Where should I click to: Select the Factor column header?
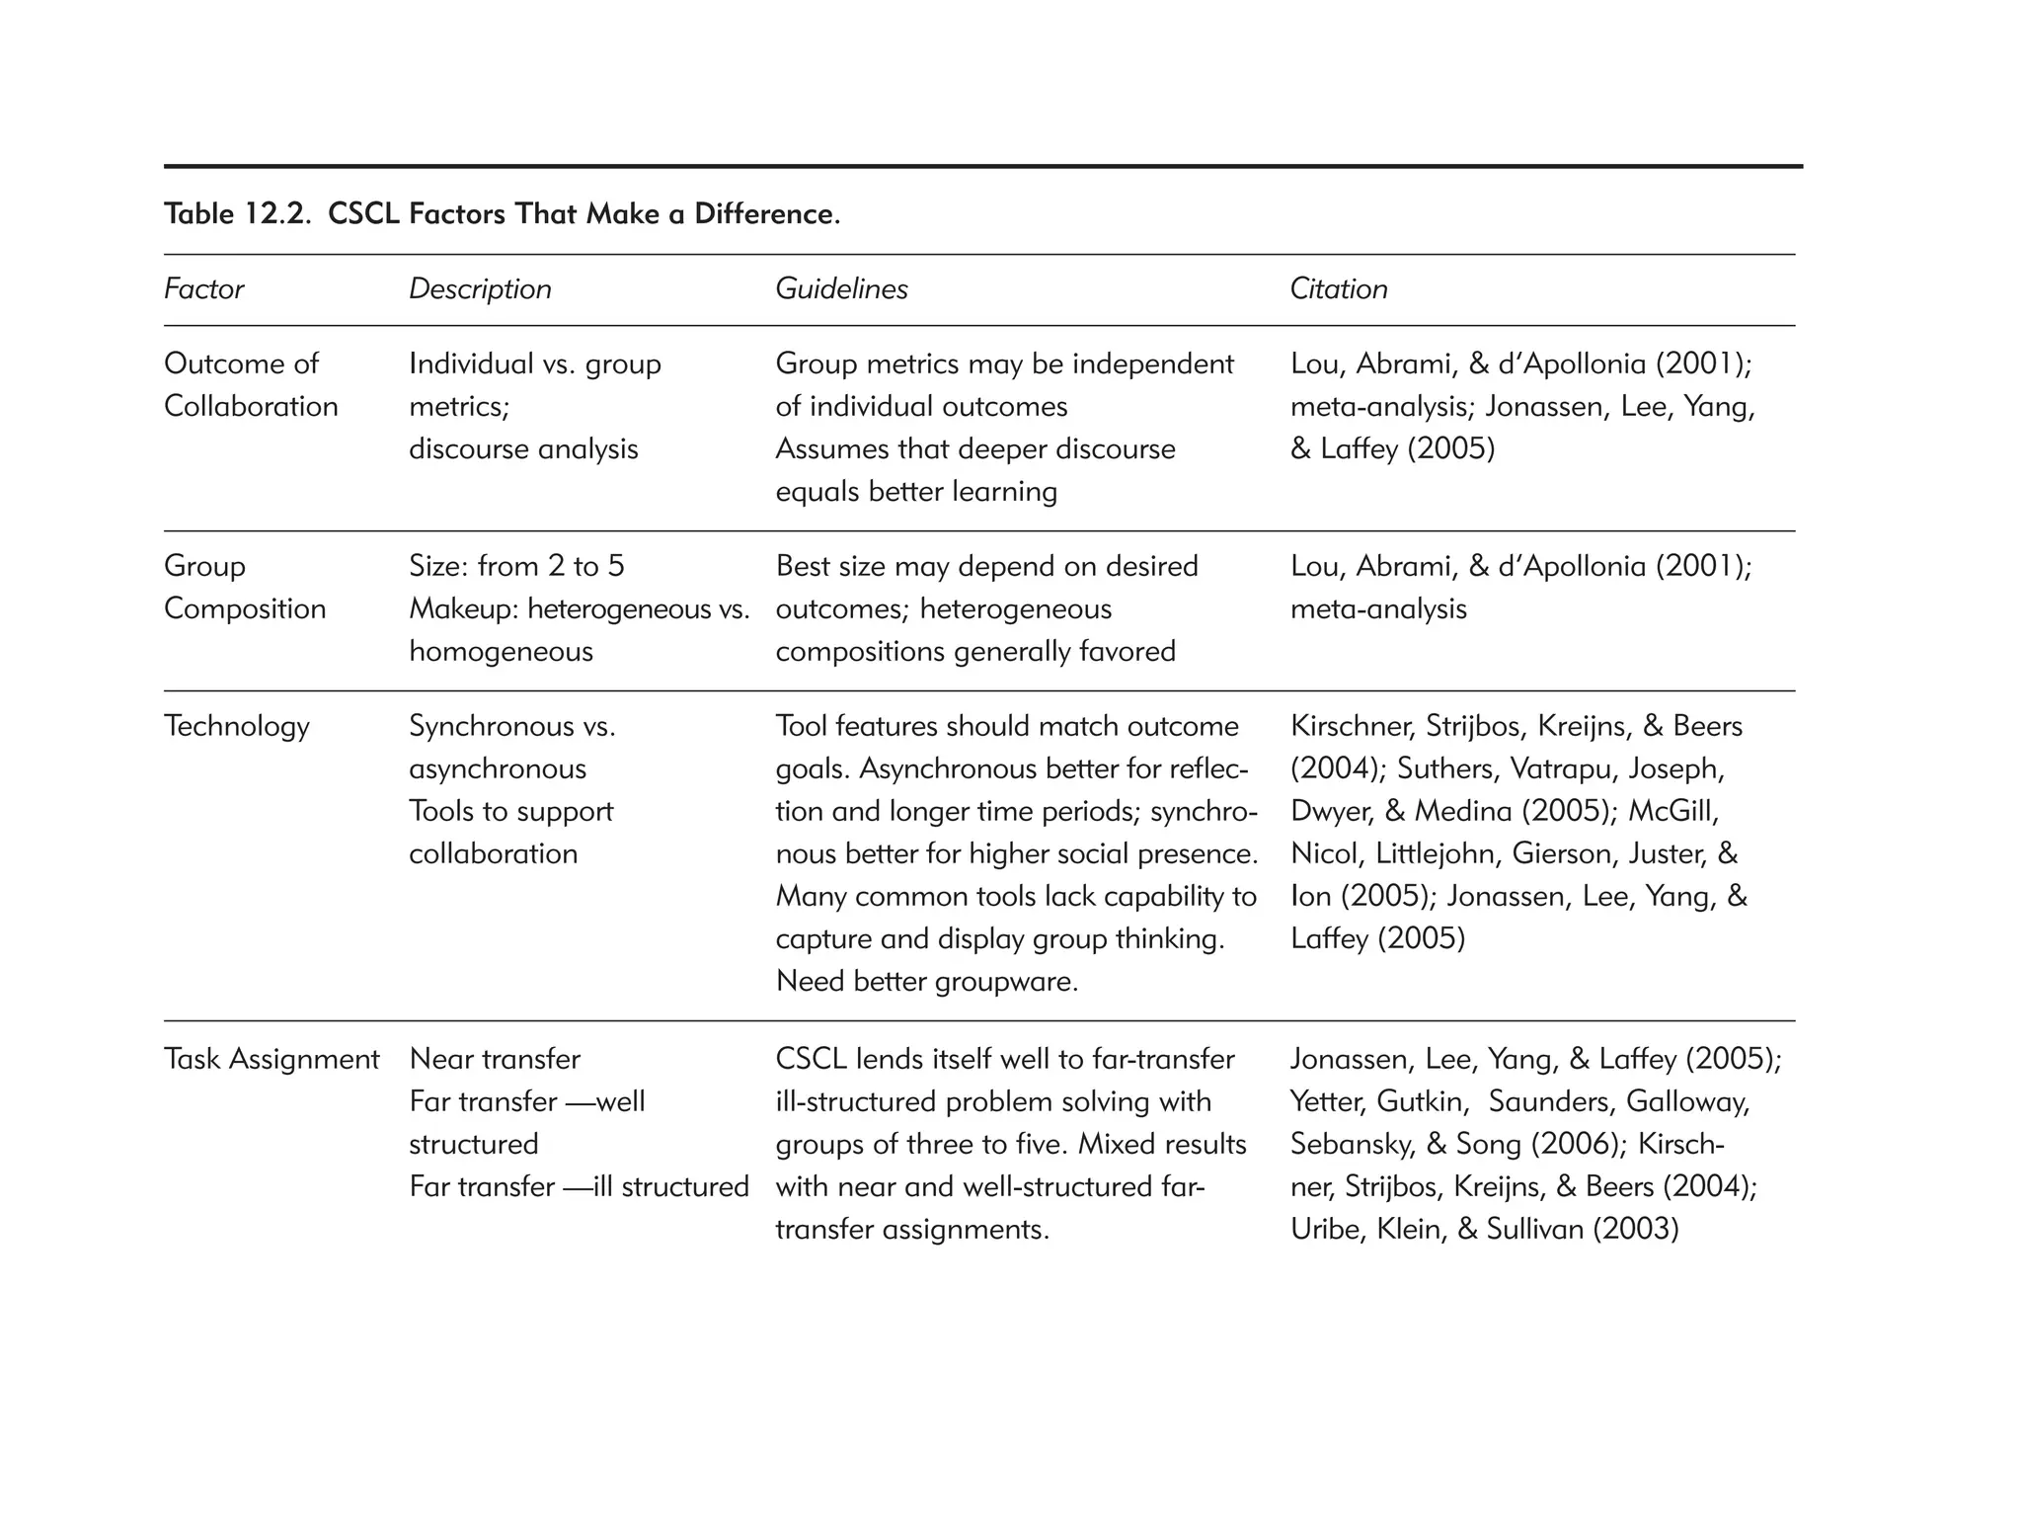click(203, 289)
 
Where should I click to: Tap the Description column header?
click(480, 289)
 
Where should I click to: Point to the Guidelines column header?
click(841, 289)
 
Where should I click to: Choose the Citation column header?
click(1338, 289)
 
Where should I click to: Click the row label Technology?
click(237, 727)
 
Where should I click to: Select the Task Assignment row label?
click(272, 1060)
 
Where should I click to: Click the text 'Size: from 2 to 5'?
click(516, 567)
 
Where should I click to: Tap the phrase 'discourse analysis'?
click(523, 449)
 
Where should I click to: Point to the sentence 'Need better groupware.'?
click(926, 982)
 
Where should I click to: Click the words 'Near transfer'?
click(495, 1060)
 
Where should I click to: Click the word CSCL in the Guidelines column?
click(812, 1060)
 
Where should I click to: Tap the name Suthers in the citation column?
click(1455, 769)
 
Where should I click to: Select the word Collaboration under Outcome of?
click(251, 407)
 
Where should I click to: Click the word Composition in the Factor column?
click(245, 609)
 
